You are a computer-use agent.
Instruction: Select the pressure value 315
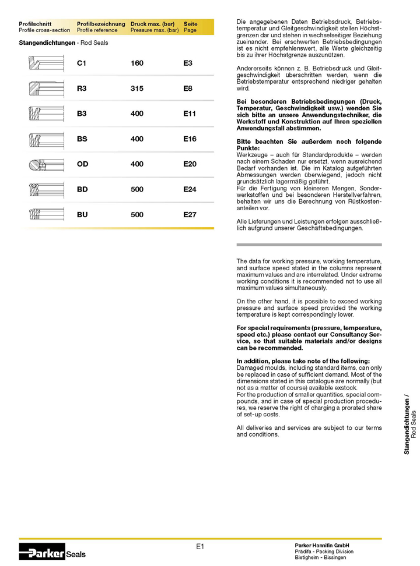137,89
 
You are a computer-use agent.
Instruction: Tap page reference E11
190,114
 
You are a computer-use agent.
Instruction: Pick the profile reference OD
83,164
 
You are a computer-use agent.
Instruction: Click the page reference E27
190,215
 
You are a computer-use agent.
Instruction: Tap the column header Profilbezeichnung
101,24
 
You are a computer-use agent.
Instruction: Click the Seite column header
191,24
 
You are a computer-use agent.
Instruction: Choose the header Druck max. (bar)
152,24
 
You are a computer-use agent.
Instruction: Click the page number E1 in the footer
199,546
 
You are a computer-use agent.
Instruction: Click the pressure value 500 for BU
137,215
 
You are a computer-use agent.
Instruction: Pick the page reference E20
190,164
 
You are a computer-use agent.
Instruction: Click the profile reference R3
82,89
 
